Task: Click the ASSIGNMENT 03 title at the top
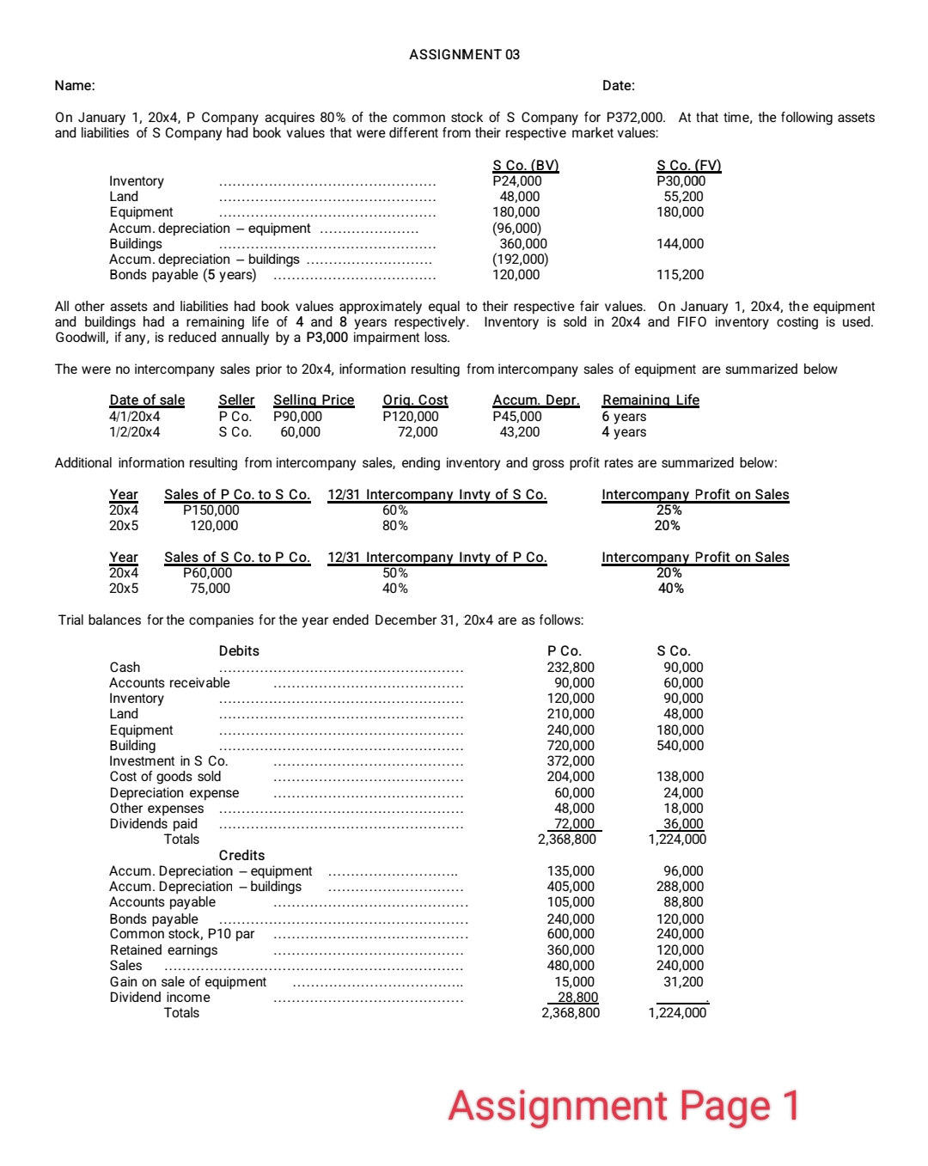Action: tap(464, 55)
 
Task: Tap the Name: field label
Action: tap(75, 86)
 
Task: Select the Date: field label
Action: tap(619, 86)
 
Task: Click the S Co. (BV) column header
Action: tap(525, 166)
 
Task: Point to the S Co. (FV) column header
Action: tap(688, 166)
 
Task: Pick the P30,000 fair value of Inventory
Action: tap(681, 181)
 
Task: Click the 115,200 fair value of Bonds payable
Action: tap(680, 275)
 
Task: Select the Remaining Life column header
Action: tap(650, 400)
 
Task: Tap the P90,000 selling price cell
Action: tap(297, 417)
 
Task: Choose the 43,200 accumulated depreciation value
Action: tap(519, 432)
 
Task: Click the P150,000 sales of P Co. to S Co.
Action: tap(211, 510)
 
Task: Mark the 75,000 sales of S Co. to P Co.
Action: tap(211, 589)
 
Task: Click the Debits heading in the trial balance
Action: tap(239, 651)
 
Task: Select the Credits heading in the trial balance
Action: tap(241, 856)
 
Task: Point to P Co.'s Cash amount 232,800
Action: tap(571, 668)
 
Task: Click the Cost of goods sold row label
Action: tap(165, 777)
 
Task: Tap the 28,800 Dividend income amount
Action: tap(577, 998)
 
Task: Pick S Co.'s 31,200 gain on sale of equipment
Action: tap(683, 982)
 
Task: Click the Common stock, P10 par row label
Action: tap(182, 934)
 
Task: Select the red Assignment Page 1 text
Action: tap(624, 1106)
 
